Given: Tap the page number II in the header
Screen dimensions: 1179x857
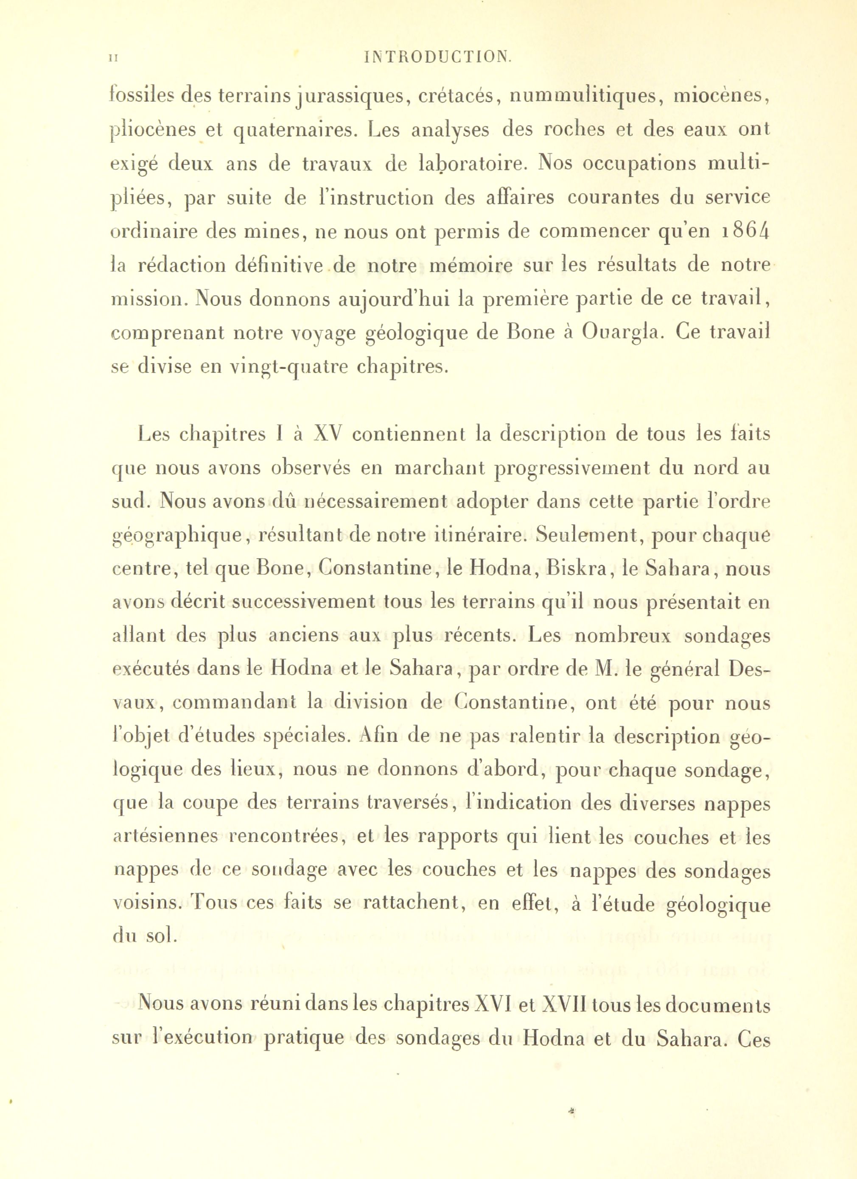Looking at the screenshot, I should tap(113, 57).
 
